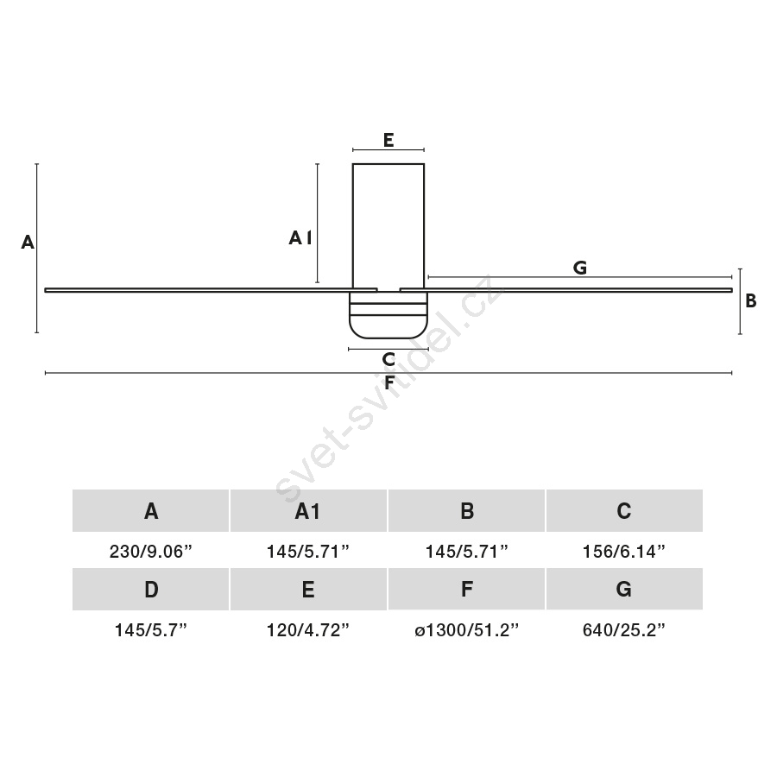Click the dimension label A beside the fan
pyautogui.click(x=28, y=243)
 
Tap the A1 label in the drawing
pyautogui.click(x=300, y=238)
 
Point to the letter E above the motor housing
pyautogui.click(x=388, y=140)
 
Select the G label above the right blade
pyautogui.click(x=580, y=268)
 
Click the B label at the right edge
pyautogui.click(x=751, y=300)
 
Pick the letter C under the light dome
pyautogui.click(x=388, y=359)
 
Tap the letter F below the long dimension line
pyautogui.click(x=389, y=382)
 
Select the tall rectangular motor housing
pyautogui.click(x=388, y=226)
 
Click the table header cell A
pyautogui.click(x=150, y=511)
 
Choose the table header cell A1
pyautogui.click(x=308, y=511)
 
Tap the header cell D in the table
pyautogui.click(x=150, y=590)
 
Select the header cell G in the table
pyautogui.click(x=624, y=590)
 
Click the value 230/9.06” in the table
pyautogui.click(x=150, y=551)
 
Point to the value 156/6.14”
pyautogui.click(x=624, y=551)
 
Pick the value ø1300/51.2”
pyautogui.click(x=466, y=630)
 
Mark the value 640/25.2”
pyautogui.click(x=624, y=630)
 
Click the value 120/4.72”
pyautogui.click(x=308, y=630)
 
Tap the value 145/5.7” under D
pyautogui.click(x=150, y=630)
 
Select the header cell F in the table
pyautogui.click(x=466, y=590)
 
